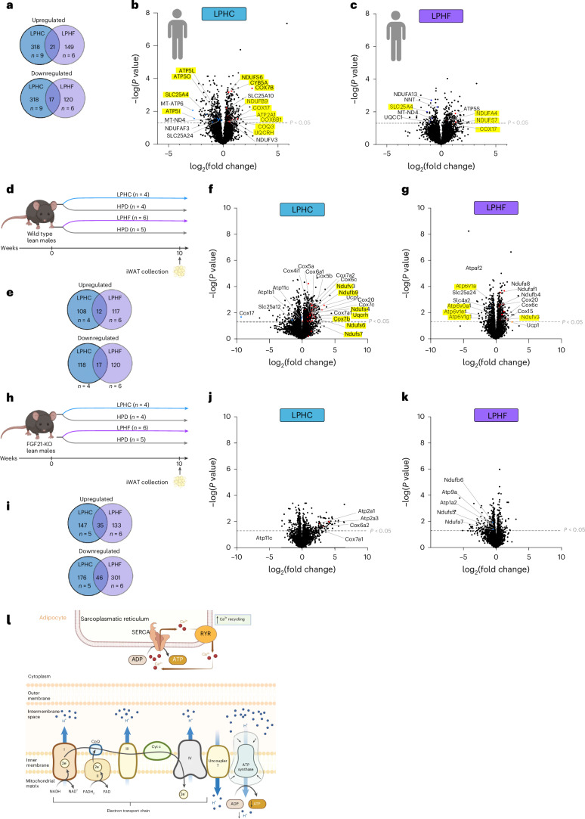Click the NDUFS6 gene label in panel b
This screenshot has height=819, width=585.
(x=252, y=78)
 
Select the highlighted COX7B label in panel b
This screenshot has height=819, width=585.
(x=254, y=88)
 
